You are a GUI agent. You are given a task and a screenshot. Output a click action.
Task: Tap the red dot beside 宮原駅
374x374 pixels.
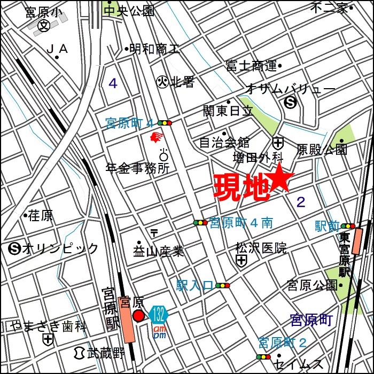click(138, 316)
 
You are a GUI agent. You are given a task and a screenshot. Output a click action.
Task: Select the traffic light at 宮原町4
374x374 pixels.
click(164, 123)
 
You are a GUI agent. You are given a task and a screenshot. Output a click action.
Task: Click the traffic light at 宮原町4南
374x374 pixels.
click(200, 222)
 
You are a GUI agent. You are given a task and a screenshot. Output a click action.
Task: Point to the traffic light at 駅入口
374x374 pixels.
click(222, 286)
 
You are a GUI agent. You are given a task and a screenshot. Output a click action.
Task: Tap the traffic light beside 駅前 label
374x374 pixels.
click(348, 226)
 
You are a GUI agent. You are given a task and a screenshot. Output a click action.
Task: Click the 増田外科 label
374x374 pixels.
click(258, 157)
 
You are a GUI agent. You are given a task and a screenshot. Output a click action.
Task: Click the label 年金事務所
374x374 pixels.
click(138, 168)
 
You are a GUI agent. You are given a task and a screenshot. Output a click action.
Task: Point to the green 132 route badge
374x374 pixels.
click(158, 314)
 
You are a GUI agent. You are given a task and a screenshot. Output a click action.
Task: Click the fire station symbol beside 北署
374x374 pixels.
click(162, 81)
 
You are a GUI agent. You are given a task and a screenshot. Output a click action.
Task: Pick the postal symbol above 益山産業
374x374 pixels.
click(154, 233)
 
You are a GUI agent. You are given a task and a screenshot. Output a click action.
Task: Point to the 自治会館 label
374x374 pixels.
click(224, 143)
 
